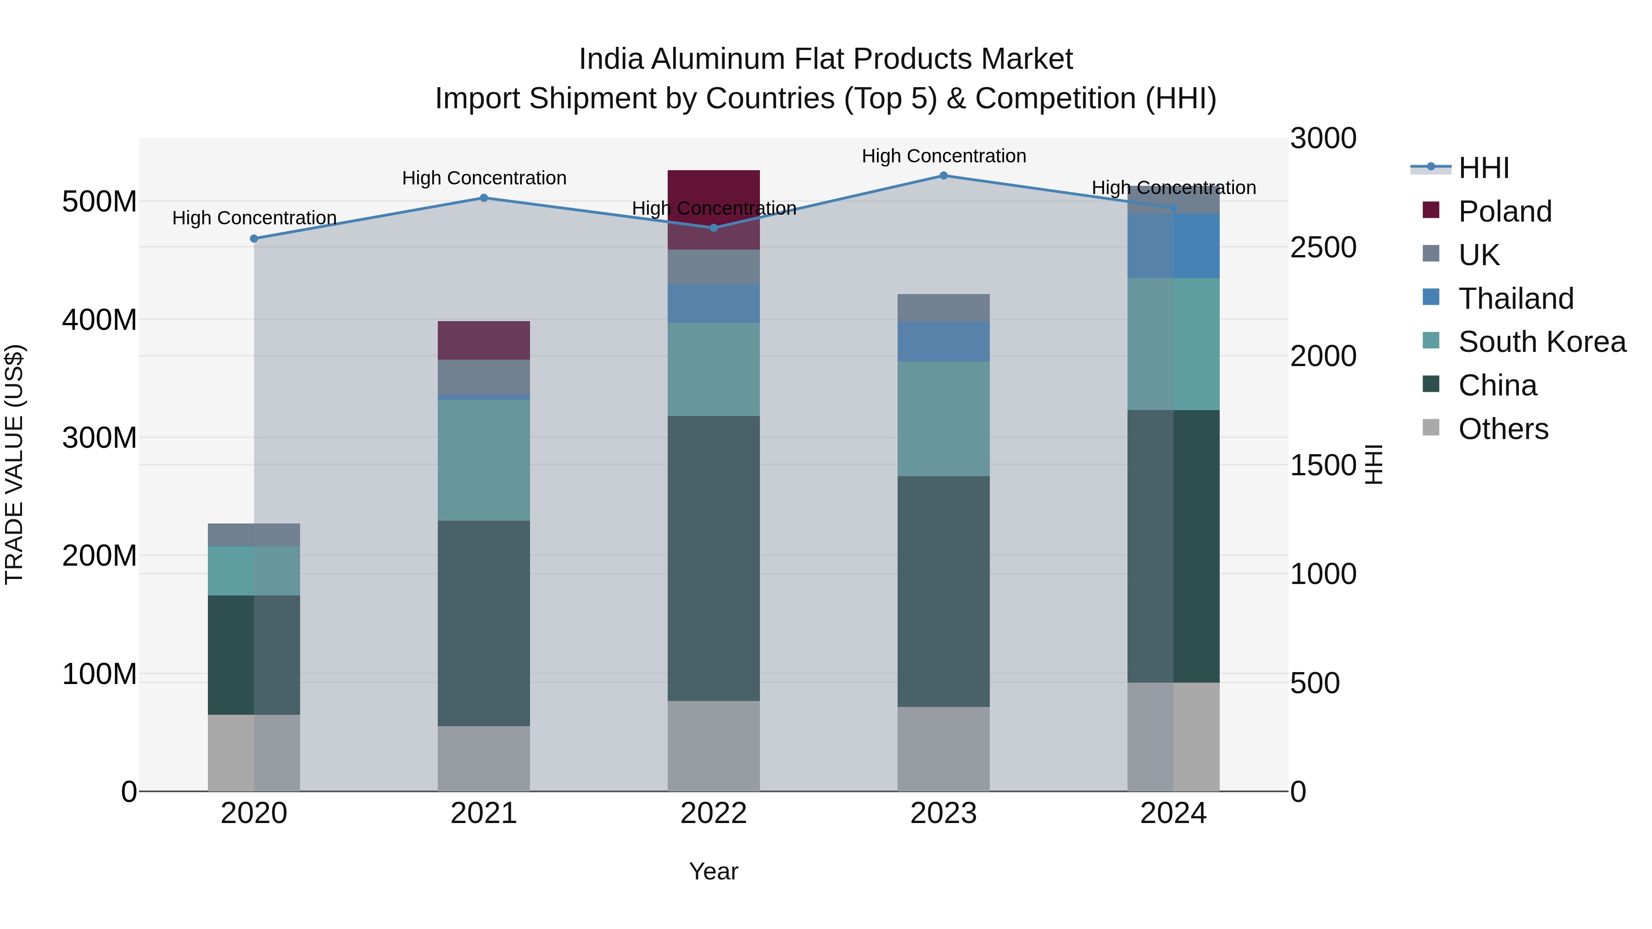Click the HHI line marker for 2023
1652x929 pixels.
click(943, 175)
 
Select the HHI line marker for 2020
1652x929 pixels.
click(254, 239)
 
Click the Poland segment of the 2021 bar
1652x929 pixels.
click(484, 340)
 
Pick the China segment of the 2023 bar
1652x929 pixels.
click(943, 591)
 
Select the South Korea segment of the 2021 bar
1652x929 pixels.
click(484, 460)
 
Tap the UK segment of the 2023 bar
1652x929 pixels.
click(943, 308)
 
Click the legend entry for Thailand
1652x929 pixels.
click(1515, 299)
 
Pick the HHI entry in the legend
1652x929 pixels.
click(1483, 168)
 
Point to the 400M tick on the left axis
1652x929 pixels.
click(100, 319)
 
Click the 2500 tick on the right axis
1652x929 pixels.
click(1323, 247)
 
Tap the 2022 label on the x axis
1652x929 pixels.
click(714, 813)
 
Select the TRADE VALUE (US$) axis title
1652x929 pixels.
click(14, 464)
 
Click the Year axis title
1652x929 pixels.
click(714, 871)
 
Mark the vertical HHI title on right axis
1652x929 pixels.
click(1373, 464)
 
